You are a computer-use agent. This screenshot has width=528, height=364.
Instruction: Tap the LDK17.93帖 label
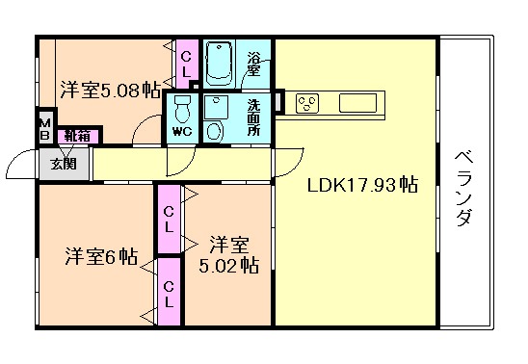click(361, 185)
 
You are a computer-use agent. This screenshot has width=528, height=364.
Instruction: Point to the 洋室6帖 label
click(101, 257)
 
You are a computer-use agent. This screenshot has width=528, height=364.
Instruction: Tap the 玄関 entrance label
click(51, 164)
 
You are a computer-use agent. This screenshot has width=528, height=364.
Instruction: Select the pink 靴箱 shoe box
click(76, 136)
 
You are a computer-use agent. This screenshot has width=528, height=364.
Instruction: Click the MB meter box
click(45, 129)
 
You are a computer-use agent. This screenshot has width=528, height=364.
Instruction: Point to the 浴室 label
click(255, 63)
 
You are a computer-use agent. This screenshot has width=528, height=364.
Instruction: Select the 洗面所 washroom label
click(253, 117)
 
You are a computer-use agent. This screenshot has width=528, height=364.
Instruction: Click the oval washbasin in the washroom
click(216, 131)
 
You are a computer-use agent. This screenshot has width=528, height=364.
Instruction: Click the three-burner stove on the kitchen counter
click(309, 101)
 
